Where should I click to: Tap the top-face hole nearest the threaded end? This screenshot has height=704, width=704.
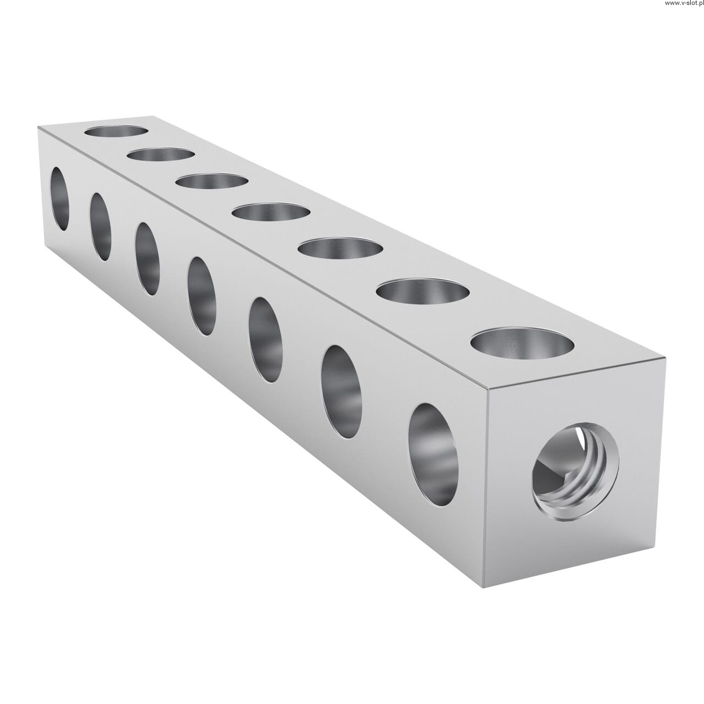click(x=522, y=343)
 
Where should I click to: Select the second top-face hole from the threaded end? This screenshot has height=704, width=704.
click(x=423, y=291)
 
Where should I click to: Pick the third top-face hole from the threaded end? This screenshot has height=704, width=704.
click(x=340, y=248)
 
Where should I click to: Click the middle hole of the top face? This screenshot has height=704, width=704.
click(x=271, y=212)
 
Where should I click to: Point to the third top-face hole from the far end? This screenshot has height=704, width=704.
click(x=212, y=182)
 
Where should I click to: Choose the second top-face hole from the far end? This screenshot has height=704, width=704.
click(x=161, y=154)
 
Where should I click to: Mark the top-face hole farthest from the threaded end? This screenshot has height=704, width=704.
click(x=116, y=131)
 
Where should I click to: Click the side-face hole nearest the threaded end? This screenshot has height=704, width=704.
click(x=433, y=455)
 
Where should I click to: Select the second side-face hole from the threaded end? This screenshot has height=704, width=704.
click(x=342, y=392)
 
